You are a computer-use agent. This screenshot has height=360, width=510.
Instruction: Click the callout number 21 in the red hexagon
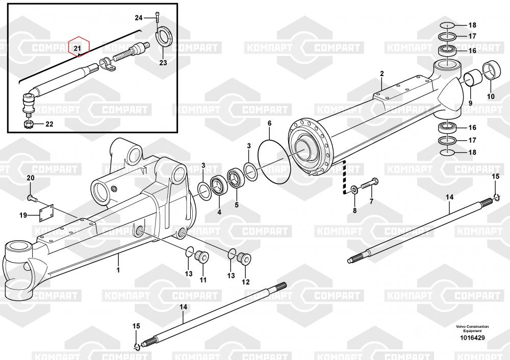[77, 48]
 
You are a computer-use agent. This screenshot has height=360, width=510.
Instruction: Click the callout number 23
[163, 62]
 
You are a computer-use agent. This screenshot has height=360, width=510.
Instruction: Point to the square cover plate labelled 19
[46, 213]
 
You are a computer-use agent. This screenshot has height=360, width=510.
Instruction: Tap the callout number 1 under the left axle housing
[118, 270]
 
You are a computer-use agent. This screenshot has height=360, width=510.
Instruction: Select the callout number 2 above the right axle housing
[382, 74]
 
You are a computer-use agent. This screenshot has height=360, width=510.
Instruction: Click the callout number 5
[237, 205]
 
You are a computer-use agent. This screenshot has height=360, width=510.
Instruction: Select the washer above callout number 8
[353, 189]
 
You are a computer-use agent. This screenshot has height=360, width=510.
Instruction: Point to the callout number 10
[491, 96]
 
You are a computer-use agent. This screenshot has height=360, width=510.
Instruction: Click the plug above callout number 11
[202, 256]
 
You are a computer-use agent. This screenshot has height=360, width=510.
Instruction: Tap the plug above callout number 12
[244, 259]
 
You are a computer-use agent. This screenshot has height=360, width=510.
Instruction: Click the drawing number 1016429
[472, 338]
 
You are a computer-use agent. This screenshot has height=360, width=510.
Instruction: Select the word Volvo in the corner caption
[461, 326]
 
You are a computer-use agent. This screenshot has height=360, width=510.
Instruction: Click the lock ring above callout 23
[166, 38]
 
